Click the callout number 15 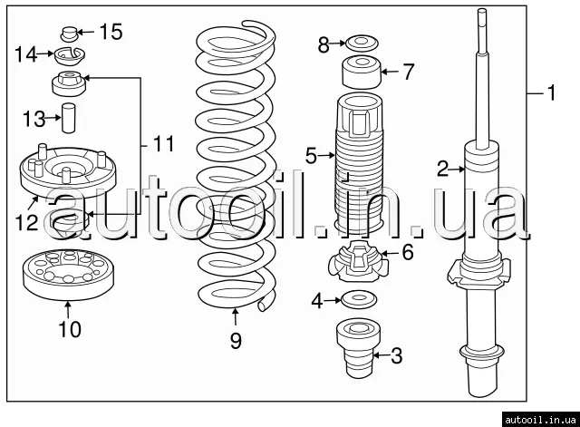tap(110, 33)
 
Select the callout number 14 tap(26, 54)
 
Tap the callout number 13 tap(34, 119)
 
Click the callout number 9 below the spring tap(236, 340)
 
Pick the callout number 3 tap(395, 356)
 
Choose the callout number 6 tap(407, 253)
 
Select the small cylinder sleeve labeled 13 tap(67, 120)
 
